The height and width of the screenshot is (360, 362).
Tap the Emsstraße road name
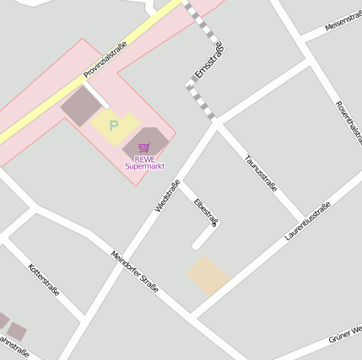click(208, 61)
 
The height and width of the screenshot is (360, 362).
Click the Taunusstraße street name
click(260, 173)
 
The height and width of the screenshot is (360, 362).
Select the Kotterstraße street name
click(44, 280)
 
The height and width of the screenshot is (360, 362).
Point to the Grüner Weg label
click(345, 334)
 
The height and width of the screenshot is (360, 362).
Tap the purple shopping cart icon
click(143, 148)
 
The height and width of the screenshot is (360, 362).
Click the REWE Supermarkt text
click(144, 162)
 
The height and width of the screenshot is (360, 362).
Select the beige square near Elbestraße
click(208, 276)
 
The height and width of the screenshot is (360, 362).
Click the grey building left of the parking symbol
click(80, 105)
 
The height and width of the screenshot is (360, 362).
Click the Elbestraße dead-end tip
click(197, 245)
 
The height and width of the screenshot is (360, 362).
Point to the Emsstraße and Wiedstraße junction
click(216, 123)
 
